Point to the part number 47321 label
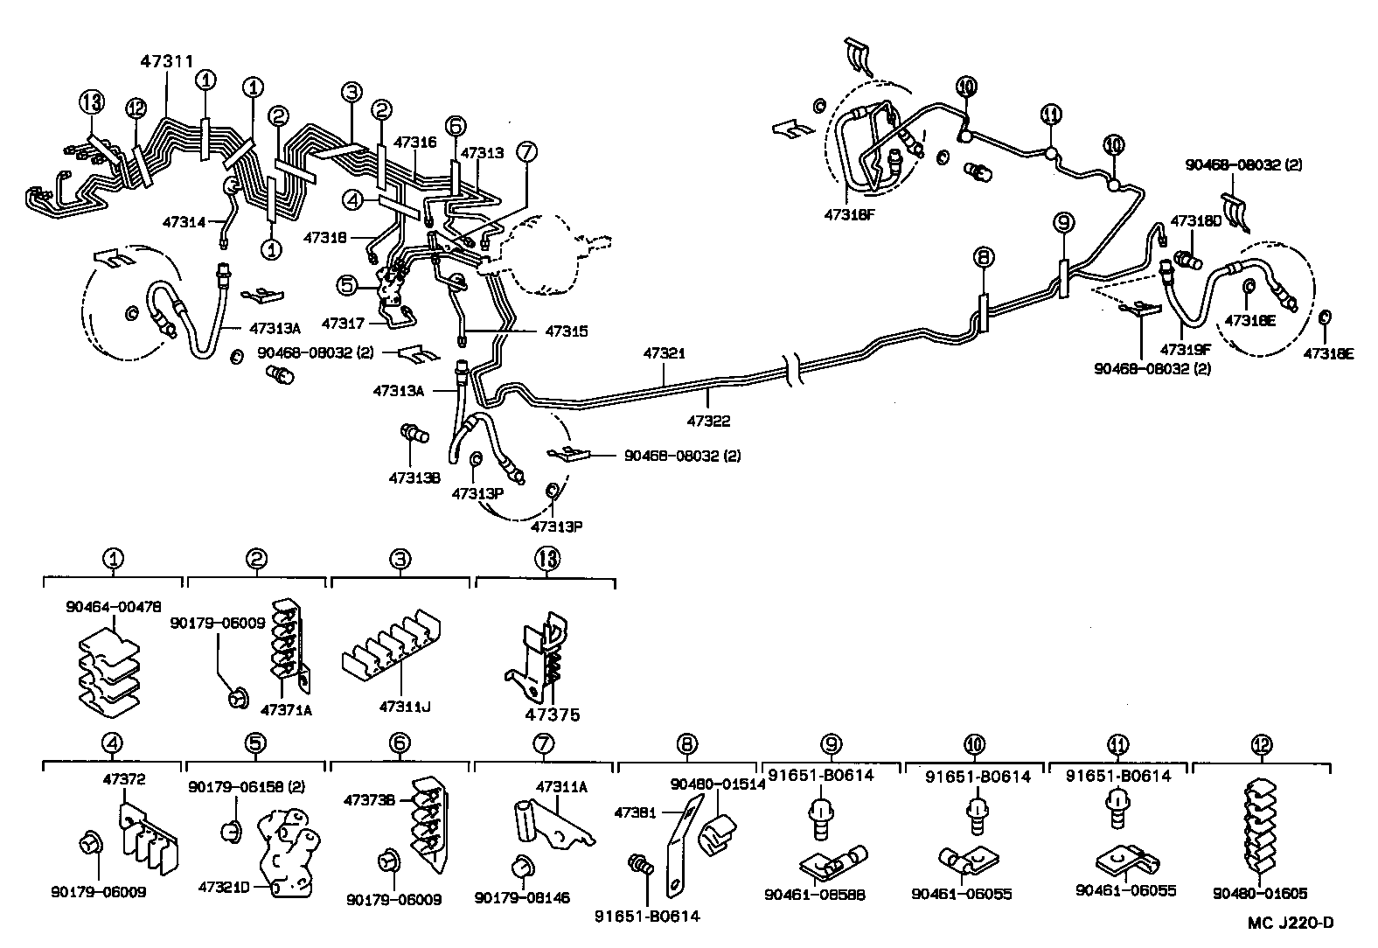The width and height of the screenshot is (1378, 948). point(665,354)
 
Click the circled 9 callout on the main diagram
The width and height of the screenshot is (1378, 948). point(1063,225)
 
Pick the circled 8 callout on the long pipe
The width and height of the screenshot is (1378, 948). point(983,257)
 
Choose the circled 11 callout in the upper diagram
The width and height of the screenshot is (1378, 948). point(1051,115)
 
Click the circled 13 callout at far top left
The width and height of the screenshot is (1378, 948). point(91,103)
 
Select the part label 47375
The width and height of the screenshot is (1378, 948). point(553,714)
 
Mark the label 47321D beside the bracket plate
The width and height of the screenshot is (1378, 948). point(225,886)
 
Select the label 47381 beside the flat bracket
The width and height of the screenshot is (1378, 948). point(636,812)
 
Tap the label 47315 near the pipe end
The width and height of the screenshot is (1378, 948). point(567,331)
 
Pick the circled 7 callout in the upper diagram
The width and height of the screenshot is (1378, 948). point(525,151)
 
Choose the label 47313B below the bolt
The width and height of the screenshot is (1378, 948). point(414,477)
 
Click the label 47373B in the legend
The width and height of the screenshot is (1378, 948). point(371,799)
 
